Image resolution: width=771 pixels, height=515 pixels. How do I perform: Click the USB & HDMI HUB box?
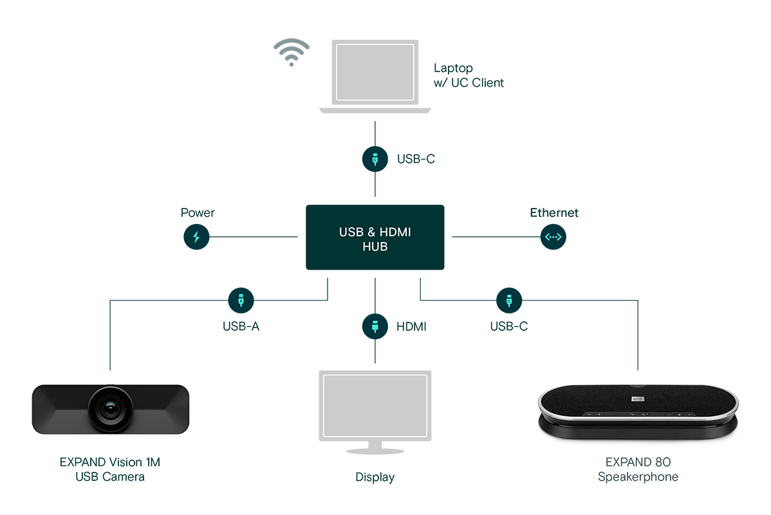(x=375, y=238)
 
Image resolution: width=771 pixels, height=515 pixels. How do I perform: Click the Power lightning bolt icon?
(x=196, y=237)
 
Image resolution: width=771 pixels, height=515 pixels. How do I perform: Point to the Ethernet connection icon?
(x=553, y=237)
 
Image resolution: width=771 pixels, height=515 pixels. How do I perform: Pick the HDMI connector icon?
(x=375, y=326)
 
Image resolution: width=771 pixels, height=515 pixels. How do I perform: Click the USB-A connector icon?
(x=241, y=300)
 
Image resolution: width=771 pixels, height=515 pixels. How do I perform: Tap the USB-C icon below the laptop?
(x=375, y=158)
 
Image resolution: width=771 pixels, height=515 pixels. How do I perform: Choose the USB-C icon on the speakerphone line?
(x=509, y=300)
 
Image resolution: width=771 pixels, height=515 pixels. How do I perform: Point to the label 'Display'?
(x=375, y=478)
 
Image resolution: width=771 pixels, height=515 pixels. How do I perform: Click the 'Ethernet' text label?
(x=554, y=212)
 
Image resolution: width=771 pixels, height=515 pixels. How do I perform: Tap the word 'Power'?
(x=197, y=212)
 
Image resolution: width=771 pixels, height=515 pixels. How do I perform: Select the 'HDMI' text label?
(x=411, y=327)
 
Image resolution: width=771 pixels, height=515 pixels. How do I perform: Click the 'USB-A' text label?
(x=241, y=326)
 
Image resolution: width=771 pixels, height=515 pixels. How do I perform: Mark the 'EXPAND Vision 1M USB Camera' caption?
(x=110, y=469)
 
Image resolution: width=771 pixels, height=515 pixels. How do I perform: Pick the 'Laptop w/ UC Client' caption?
(x=469, y=75)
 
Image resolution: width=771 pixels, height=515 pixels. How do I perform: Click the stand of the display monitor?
(x=375, y=445)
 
